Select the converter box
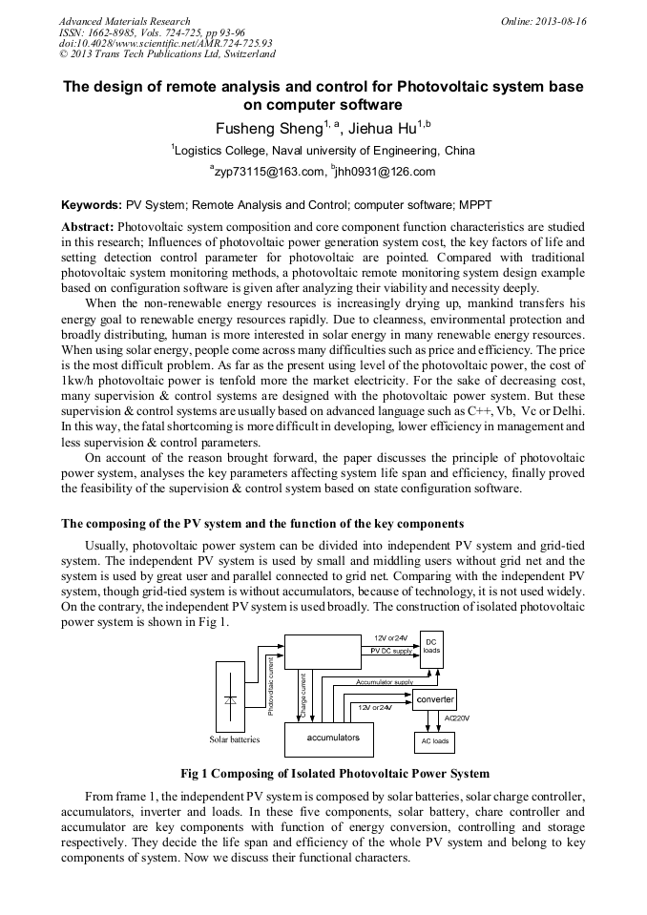(434, 699)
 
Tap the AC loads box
(434, 740)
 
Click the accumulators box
(329, 738)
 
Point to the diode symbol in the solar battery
(230, 699)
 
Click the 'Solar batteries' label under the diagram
(235, 739)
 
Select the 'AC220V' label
(457, 717)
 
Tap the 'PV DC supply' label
(391, 650)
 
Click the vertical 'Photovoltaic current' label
(271, 684)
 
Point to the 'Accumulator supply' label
(384, 682)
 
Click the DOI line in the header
(165, 43)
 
